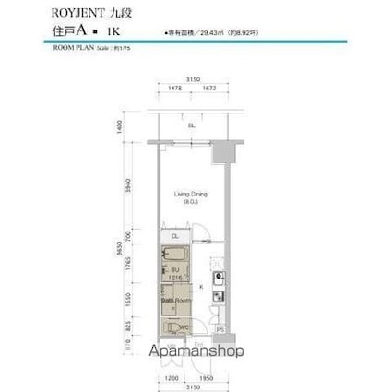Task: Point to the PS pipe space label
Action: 220,330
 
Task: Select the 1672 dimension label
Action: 209,89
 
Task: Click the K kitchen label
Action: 202,287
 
